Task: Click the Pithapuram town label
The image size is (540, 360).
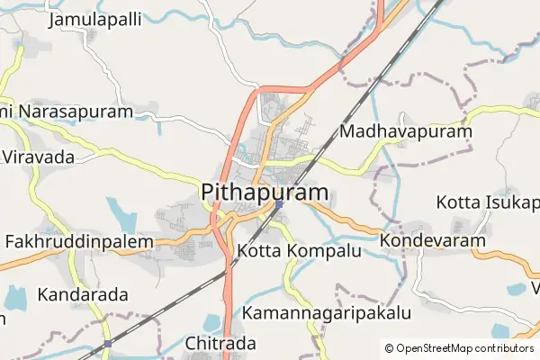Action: tap(265, 193)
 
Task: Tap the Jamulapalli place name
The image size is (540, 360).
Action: tap(95, 18)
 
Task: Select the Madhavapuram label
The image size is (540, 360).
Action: tap(406, 132)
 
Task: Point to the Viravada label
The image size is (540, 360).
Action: tap(38, 157)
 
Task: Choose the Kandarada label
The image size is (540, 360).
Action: tap(83, 294)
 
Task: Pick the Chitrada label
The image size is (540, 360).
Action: tap(220, 343)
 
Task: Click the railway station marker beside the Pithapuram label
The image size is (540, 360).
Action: tap(279, 204)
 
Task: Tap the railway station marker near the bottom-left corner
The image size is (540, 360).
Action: tap(107, 344)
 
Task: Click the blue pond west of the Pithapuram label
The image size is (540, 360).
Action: tap(121, 214)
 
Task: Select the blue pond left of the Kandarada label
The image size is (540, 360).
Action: tap(15, 296)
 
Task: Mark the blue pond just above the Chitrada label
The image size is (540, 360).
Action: tap(212, 323)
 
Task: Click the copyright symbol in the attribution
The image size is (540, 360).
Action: tap(389, 348)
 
